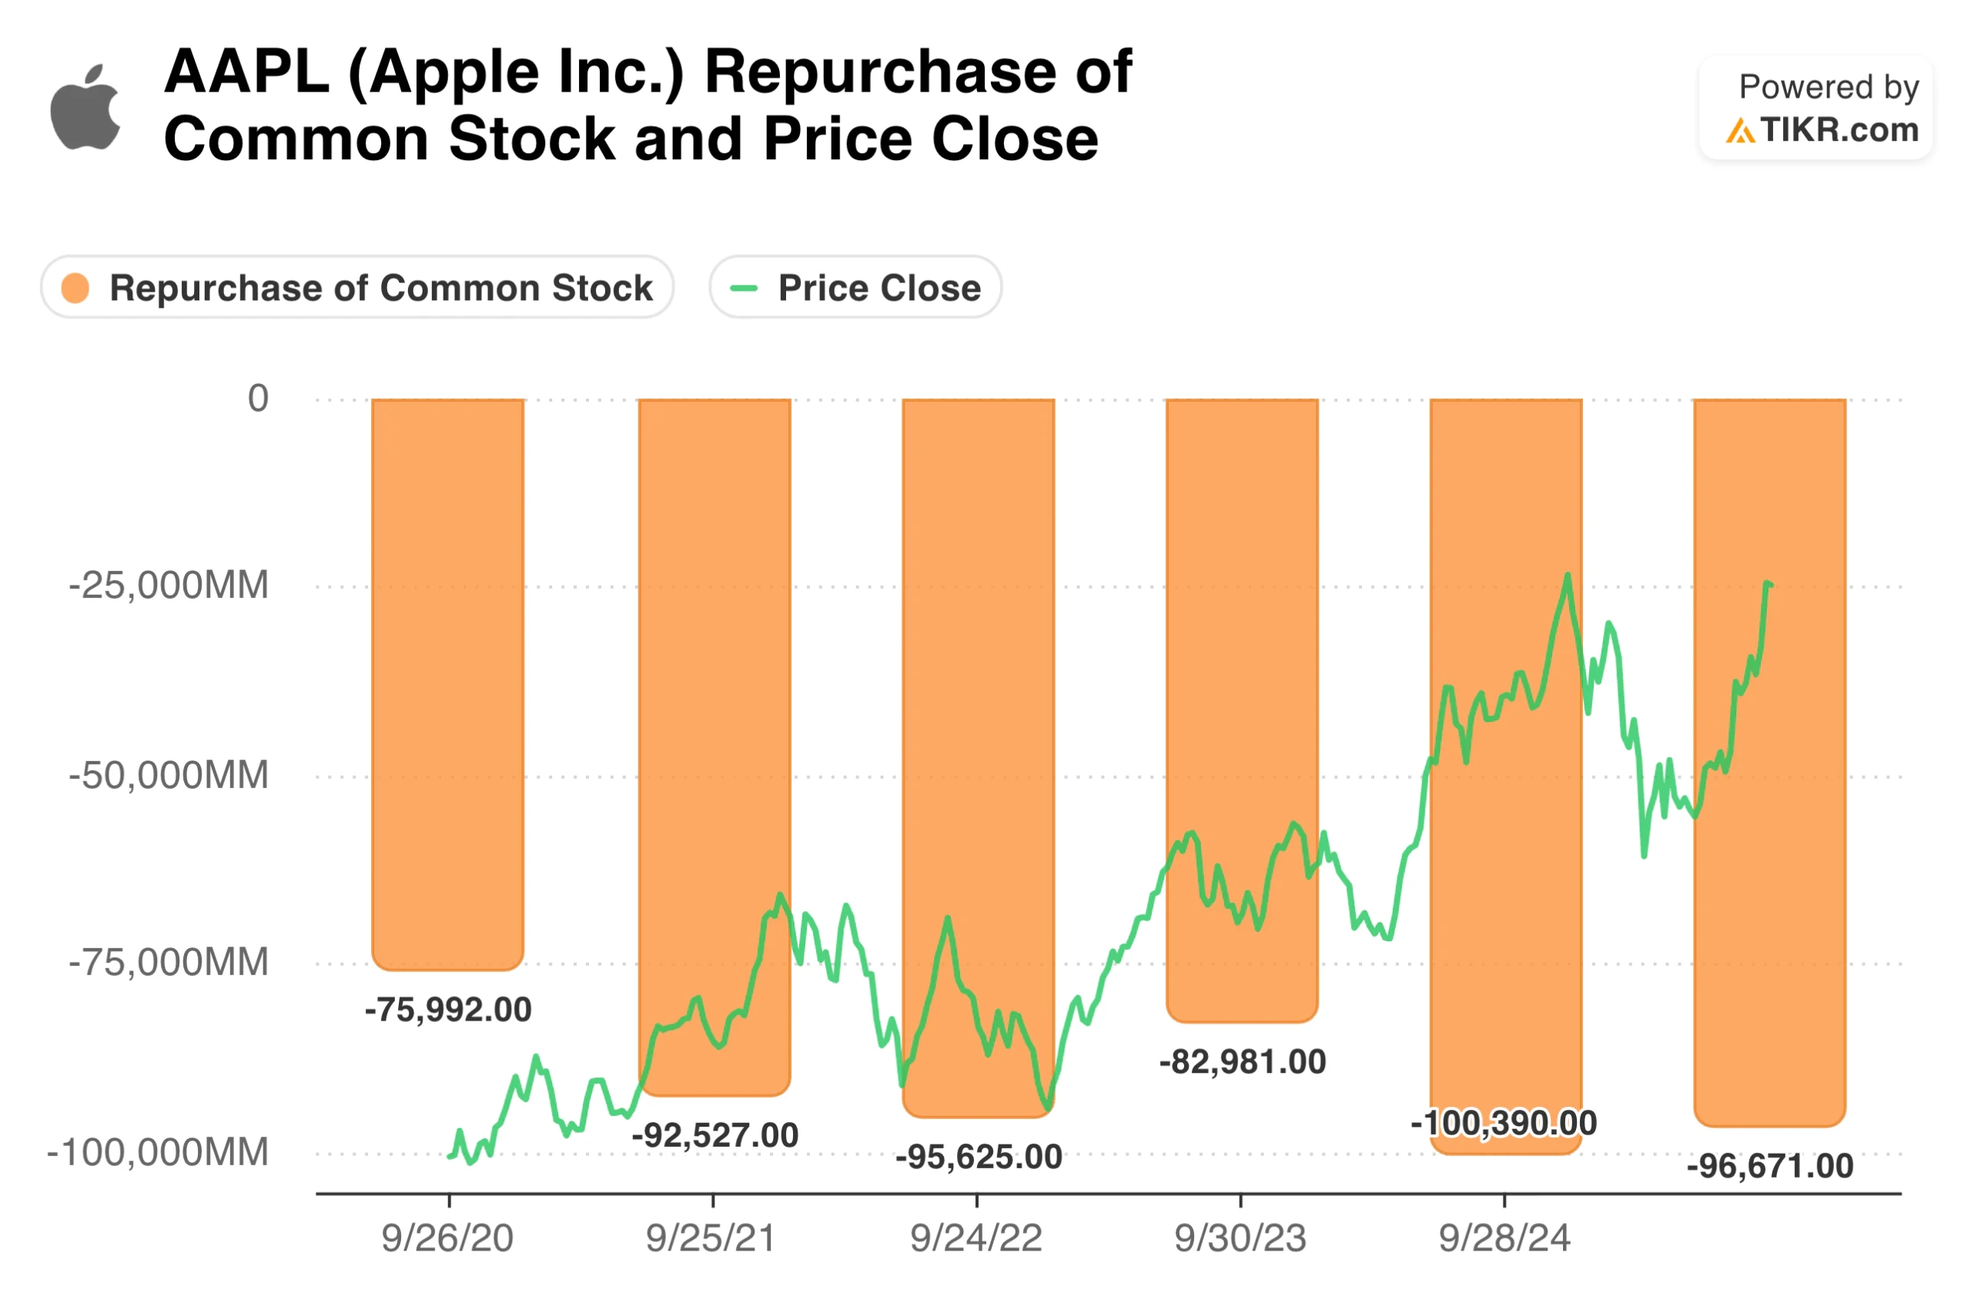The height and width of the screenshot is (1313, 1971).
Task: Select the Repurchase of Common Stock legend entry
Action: click(358, 288)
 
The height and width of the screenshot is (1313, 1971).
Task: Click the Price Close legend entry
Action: click(856, 288)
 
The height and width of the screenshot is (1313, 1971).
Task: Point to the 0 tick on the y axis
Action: click(258, 399)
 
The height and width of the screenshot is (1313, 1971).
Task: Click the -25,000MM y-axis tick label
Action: click(169, 586)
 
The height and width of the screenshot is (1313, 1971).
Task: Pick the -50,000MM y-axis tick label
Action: click(169, 775)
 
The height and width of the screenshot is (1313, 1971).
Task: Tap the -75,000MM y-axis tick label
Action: click(169, 963)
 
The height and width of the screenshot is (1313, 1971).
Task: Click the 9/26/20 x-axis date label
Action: click(447, 1238)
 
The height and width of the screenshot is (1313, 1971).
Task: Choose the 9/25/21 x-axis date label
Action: click(711, 1238)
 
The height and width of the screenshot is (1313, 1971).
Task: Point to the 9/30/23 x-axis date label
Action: click(1240, 1238)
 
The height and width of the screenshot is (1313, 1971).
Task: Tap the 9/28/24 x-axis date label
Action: click(1504, 1238)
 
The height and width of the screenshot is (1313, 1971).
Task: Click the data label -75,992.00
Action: click(448, 1010)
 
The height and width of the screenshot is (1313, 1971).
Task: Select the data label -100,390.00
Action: click(1504, 1123)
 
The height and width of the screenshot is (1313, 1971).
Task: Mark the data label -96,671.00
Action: click(1770, 1167)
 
